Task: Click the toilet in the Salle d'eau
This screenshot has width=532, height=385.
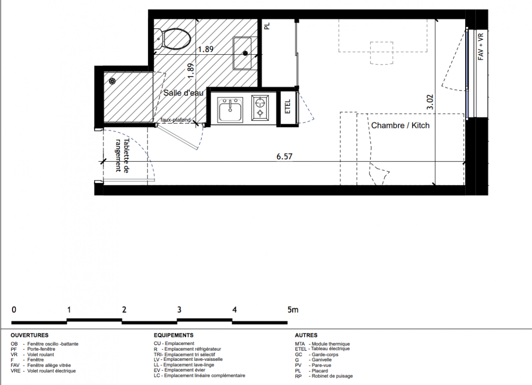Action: [173, 38]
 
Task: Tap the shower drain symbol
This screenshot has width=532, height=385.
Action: [112, 81]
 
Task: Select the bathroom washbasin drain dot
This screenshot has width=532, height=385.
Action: [245, 52]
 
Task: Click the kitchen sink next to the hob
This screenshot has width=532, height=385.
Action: [230, 109]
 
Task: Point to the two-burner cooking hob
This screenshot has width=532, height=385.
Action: [260, 108]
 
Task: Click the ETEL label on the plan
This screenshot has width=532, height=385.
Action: [288, 106]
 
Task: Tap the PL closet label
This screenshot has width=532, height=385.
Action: [267, 26]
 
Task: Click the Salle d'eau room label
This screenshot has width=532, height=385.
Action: [184, 93]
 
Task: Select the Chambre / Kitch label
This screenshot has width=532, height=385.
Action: [400, 126]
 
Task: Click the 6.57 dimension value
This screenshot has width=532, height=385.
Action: [285, 156]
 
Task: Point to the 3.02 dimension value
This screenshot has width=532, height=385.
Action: [430, 102]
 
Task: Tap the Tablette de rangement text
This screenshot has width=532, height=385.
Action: [122, 155]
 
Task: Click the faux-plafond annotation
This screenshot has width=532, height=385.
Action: [175, 120]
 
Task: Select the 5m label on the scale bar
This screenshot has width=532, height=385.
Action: [293, 309]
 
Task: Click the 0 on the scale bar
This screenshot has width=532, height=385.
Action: [14, 309]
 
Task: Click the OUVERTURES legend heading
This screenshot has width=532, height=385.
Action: [29, 335]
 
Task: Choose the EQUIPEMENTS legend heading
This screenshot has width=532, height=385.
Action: [173, 335]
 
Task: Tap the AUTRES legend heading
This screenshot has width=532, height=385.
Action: [306, 335]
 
